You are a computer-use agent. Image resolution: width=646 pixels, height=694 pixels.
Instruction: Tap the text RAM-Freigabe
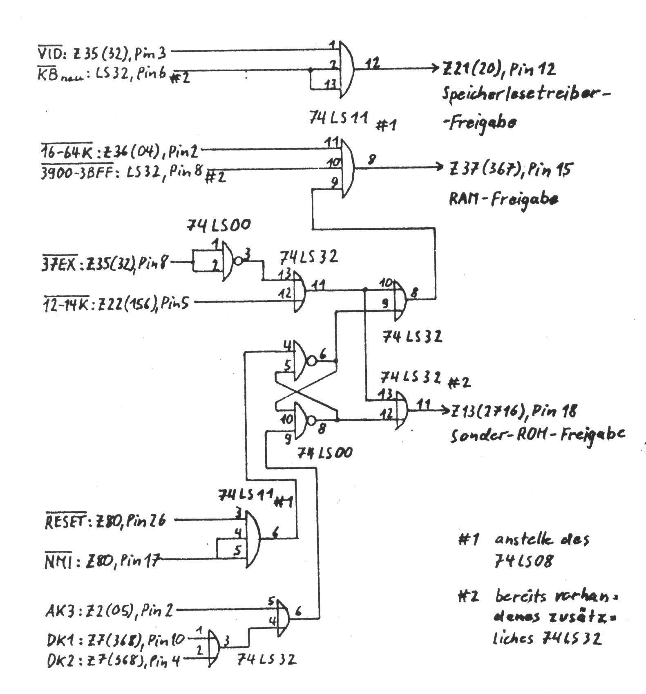[x=503, y=199]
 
